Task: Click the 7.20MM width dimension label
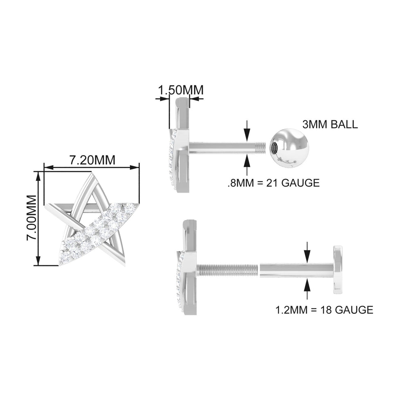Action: pyautogui.click(x=92, y=160)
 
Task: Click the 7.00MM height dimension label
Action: pyautogui.click(x=32, y=219)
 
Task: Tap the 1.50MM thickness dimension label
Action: pyautogui.click(x=180, y=90)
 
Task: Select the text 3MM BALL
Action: pyautogui.click(x=330, y=124)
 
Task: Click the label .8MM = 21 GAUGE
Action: pyautogui.click(x=273, y=183)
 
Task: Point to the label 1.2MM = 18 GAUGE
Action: pyautogui.click(x=324, y=310)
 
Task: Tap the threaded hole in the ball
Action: pyautogui.click(x=274, y=147)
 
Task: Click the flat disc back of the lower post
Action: pyautogui.click(x=338, y=270)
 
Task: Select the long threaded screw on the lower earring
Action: pyautogui.click(x=228, y=270)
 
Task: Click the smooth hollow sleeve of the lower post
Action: pyautogui.click(x=295, y=270)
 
